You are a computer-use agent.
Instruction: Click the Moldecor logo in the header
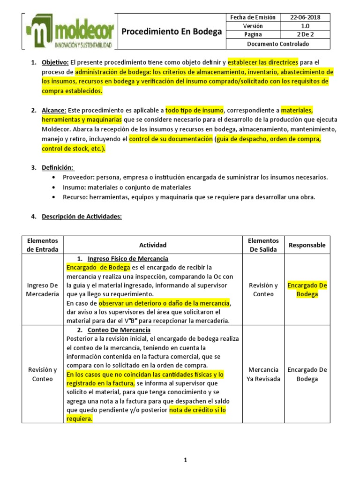click(69, 32)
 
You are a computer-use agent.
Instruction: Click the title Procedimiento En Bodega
click(172, 32)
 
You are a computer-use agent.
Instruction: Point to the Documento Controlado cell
click(278, 44)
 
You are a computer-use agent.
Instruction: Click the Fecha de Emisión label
click(253, 17)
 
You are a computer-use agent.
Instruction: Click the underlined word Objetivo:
click(55, 62)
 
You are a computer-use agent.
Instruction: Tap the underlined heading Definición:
click(58, 167)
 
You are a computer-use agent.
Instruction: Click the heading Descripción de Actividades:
click(82, 217)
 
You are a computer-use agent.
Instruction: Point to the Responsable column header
click(307, 245)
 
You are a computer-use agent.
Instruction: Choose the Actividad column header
click(153, 245)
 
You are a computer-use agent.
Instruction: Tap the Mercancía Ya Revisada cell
click(264, 374)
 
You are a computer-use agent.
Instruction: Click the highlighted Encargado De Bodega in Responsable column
click(307, 290)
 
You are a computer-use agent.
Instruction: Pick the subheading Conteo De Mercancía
click(119, 330)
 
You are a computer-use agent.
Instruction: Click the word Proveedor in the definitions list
click(75, 177)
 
